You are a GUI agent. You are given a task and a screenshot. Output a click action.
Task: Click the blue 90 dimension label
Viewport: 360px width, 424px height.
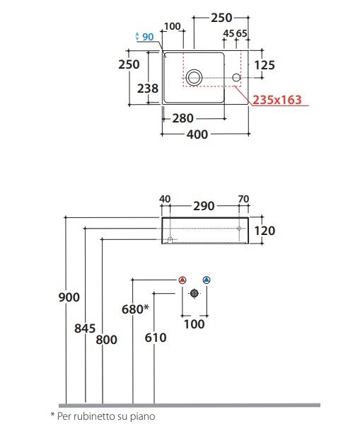[x=148, y=37]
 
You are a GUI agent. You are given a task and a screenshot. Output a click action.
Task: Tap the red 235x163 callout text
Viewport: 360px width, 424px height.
[x=277, y=100]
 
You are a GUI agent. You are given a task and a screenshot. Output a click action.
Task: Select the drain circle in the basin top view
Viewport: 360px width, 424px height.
[x=194, y=78]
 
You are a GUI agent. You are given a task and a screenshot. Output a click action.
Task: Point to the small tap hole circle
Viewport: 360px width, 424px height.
[x=236, y=78]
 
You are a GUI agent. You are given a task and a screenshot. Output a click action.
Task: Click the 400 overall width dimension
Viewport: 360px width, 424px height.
[x=197, y=134]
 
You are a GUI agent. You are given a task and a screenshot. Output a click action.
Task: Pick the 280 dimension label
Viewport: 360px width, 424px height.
[x=183, y=118]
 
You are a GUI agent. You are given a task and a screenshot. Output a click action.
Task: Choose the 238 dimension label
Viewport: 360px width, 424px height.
[x=148, y=88]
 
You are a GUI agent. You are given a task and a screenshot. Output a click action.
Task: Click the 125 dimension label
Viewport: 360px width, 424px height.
[x=265, y=65]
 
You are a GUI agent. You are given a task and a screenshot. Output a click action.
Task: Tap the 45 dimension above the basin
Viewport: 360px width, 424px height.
[x=228, y=33]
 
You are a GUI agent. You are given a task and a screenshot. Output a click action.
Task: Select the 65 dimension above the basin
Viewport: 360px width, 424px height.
[x=242, y=33]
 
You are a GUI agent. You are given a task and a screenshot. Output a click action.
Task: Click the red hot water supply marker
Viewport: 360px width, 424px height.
[x=182, y=280]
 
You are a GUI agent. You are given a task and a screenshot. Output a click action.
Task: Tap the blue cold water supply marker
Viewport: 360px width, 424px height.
[x=207, y=280]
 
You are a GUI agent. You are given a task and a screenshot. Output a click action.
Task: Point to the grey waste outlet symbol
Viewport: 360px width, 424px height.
[x=194, y=293]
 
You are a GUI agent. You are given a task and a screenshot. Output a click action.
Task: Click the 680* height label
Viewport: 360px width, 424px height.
[x=135, y=309]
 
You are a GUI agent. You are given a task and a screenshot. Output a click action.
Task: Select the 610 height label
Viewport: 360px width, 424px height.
[x=156, y=338]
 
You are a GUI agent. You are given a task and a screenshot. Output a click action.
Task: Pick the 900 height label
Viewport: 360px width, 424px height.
[x=69, y=297]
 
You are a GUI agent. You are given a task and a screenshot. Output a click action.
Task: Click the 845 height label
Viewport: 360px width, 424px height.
[x=85, y=328]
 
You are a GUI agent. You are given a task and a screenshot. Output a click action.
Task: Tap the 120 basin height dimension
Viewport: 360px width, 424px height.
[x=265, y=231]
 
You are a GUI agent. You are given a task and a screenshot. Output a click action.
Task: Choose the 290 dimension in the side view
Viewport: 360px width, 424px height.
[x=204, y=206]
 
